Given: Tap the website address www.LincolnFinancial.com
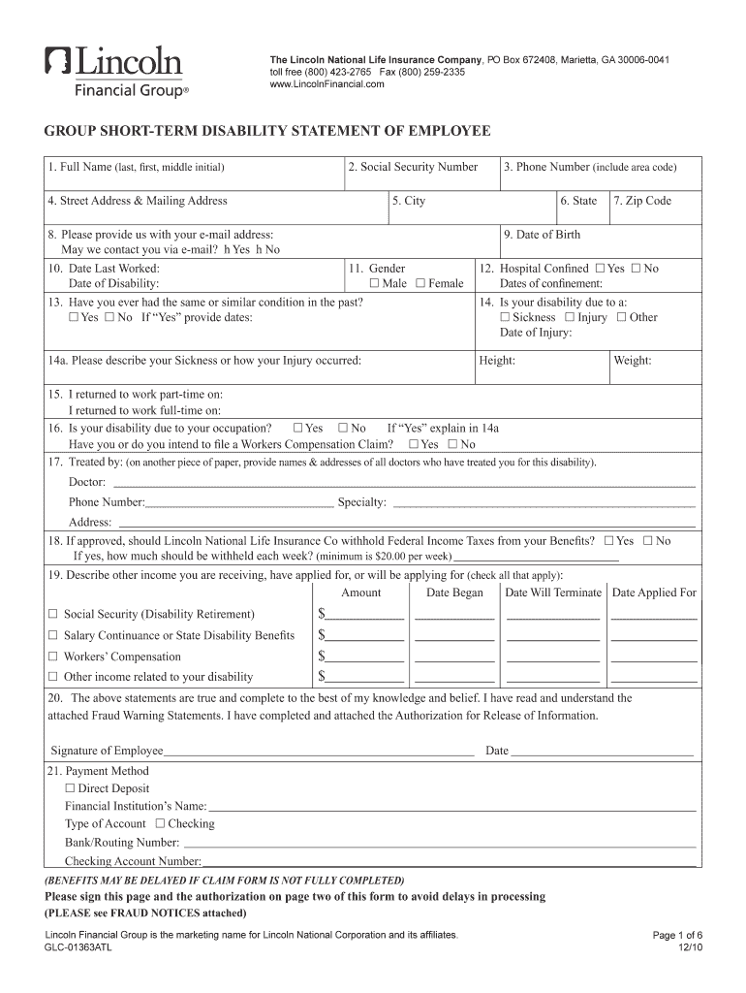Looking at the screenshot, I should tap(326, 84).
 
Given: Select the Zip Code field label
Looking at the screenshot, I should tap(641, 201).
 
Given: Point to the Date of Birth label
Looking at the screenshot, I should tap(542, 235).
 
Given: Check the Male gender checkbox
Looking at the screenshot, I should tap(374, 284).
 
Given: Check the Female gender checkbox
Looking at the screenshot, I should tap(420, 284).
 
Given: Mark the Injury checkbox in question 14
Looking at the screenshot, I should tap(570, 317).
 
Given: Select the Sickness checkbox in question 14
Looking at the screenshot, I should tap(505, 317).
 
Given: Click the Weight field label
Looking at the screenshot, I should tap(632, 361).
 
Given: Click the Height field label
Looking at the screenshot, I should tap(497, 361).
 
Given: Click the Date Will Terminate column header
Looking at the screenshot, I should tap(553, 593).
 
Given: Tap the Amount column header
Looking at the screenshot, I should tap(361, 593).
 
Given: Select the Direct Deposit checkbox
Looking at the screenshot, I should tap(70, 788).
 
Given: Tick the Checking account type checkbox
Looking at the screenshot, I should tap(160, 823).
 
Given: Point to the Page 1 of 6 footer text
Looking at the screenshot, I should tap(678, 936).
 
